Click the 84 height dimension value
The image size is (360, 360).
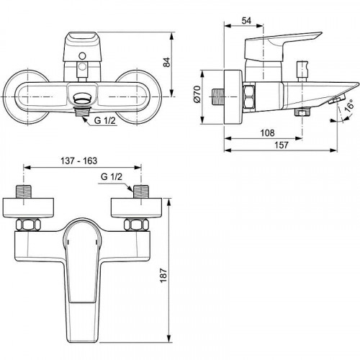coord(185,63)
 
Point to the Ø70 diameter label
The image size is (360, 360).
coord(206,94)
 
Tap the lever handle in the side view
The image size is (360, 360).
coord(284,47)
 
